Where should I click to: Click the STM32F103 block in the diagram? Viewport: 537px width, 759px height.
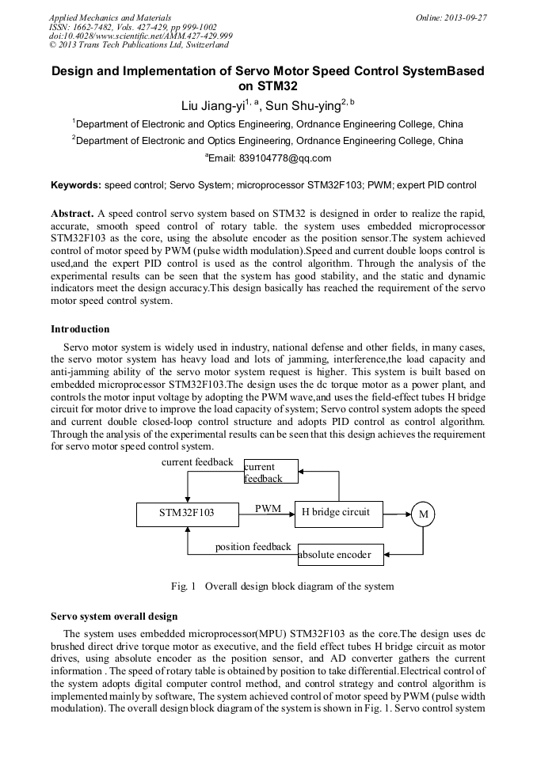[186, 513]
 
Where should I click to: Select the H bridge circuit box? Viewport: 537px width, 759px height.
[338, 512]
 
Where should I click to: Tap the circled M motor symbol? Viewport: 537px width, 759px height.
[423, 514]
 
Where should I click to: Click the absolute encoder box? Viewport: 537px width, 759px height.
[341, 555]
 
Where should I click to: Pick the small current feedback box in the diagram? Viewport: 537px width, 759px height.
[271, 472]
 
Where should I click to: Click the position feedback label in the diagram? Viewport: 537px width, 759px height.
[253, 547]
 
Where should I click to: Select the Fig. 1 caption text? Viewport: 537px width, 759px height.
[282, 586]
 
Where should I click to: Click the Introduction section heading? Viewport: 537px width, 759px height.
[80, 329]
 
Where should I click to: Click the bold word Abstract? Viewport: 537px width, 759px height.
[72, 214]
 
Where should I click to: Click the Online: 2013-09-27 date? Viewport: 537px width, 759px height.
[451, 17]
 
